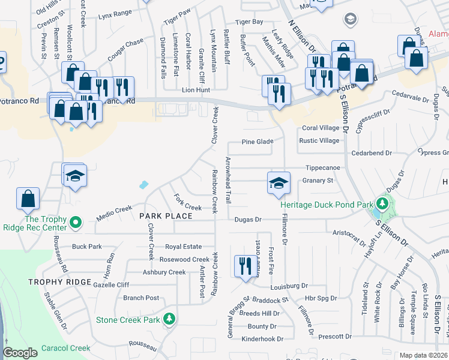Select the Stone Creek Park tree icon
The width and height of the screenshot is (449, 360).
[170, 319]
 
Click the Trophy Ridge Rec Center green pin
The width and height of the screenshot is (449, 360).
[75, 223]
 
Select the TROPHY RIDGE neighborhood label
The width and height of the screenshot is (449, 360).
[59, 282]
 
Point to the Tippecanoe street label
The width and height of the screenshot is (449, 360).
[323, 168]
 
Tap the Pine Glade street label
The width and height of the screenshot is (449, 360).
[258, 142]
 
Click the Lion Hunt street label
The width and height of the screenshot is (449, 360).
[196, 90]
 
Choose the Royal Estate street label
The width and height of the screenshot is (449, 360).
[184, 246]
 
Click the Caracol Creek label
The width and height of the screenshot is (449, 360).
[66, 348]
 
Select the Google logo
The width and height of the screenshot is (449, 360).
[20, 353]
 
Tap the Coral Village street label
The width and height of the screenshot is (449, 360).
[321, 128]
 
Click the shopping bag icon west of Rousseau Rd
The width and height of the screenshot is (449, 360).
[28, 200]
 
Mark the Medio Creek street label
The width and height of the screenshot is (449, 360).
[114, 209]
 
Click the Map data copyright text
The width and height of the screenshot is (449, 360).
[423, 355]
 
